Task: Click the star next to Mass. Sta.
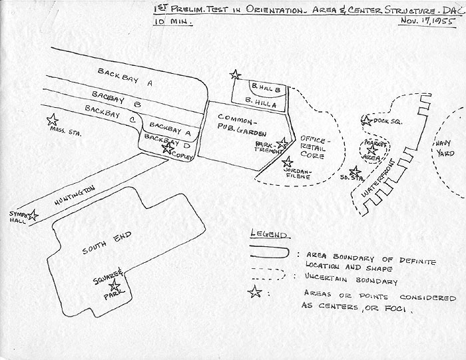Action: pyautogui.click(x=53, y=120)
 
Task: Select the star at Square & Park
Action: pyautogui.click(x=115, y=285)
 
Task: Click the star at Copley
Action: pyautogui.click(x=167, y=148)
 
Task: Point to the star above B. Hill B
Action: pyautogui.click(x=234, y=75)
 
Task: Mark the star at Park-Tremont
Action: pyautogui.click(x=283, y=142)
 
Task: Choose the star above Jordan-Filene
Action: pyautogui.click(x=288, y=162)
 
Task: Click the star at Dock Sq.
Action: pyautogui.click(x=365, y=121)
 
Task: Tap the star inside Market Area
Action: pyautogui.click(x=371, y=150)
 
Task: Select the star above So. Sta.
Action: pyautogui.click(x=355, y=170)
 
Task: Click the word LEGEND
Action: pyautogui.click(x=268, y=235)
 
